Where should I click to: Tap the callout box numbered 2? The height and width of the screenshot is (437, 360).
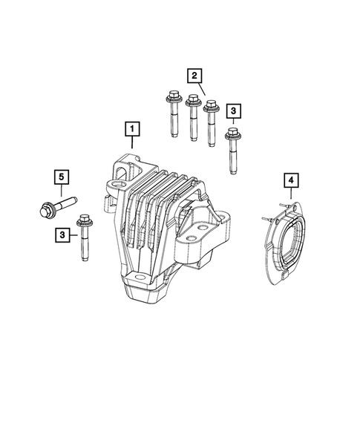pyautogui.click(x=194, y=74)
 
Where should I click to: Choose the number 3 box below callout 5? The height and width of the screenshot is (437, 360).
pyautogui.click(x=62, y=234)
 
